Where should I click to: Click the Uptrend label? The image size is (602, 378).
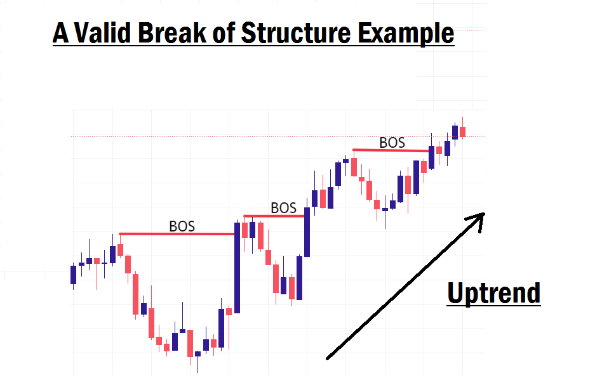coord(493,294)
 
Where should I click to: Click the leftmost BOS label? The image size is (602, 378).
coord(182,226)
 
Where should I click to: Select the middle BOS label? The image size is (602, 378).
coord(283,207)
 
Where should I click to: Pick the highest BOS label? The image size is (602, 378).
coord(392,143)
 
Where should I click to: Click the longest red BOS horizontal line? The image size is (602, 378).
coord(178,234)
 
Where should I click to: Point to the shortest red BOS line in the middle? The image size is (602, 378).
coord(274,216)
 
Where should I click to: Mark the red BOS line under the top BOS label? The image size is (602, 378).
coord(392,150)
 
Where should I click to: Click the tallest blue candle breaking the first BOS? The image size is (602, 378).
coord(237,266)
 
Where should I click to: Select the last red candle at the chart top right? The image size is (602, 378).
coord(463,131)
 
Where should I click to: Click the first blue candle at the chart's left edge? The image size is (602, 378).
coord(73,275)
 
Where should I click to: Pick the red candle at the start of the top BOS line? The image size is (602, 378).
coord(354,167)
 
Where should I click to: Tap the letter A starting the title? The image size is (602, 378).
coord(60,33)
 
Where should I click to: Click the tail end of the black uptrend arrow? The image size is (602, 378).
coord(328,358)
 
